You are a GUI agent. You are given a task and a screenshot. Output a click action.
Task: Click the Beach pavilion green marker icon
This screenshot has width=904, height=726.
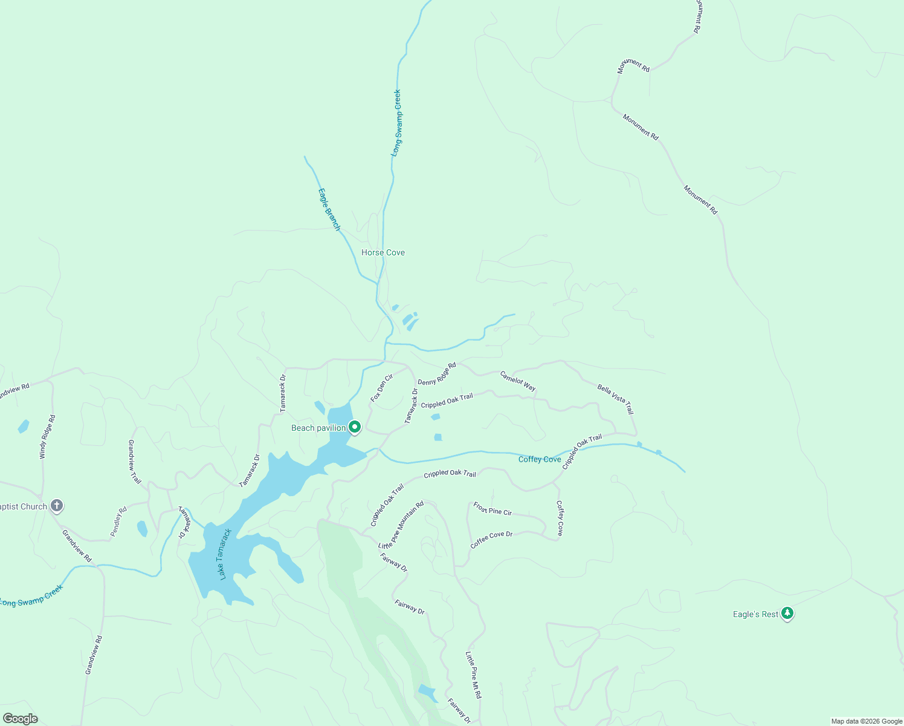[x=355, y=428]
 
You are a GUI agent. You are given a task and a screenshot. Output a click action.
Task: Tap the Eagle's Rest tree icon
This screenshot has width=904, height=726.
[x=787, y=613]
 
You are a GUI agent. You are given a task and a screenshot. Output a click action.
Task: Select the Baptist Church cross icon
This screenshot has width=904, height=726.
[x=56, y=505]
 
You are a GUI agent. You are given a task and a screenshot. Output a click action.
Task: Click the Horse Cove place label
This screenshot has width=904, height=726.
[x=383, y=252]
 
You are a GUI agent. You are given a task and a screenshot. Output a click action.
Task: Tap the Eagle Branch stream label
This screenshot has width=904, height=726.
[x=329, y=209]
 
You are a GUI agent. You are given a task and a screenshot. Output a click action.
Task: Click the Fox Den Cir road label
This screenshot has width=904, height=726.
[x=382, y=388]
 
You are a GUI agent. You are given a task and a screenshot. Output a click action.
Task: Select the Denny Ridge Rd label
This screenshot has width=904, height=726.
[x=437, y=374]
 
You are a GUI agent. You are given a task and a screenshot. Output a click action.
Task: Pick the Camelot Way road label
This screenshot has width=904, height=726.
[x=518, y=381]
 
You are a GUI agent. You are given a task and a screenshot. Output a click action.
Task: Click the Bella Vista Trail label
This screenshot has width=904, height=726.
[x=616, y=399]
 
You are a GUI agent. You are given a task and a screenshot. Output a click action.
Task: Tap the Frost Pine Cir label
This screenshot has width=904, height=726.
[x=492, y=509]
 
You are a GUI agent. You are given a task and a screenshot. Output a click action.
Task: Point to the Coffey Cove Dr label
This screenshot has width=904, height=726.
[x=491, y=540]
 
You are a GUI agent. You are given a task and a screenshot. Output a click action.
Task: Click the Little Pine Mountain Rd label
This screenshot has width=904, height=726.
[x=401, y=525]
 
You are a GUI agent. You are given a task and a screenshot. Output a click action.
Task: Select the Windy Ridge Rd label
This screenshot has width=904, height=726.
[x=47, y=436]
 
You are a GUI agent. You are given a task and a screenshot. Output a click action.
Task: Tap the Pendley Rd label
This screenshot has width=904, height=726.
[x=118, y=522]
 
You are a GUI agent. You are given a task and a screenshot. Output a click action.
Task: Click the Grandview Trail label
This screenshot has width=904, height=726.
[x=134, y=462]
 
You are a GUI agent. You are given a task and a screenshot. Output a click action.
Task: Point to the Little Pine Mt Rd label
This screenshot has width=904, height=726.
[x=473, y=675]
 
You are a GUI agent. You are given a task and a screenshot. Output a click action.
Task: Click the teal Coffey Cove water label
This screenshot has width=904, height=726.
[x=540, y=459]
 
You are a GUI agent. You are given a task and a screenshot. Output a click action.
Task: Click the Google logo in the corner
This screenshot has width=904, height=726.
[x=20, y=719]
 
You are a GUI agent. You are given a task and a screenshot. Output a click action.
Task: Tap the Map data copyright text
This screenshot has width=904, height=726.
[x=866, y=721]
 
